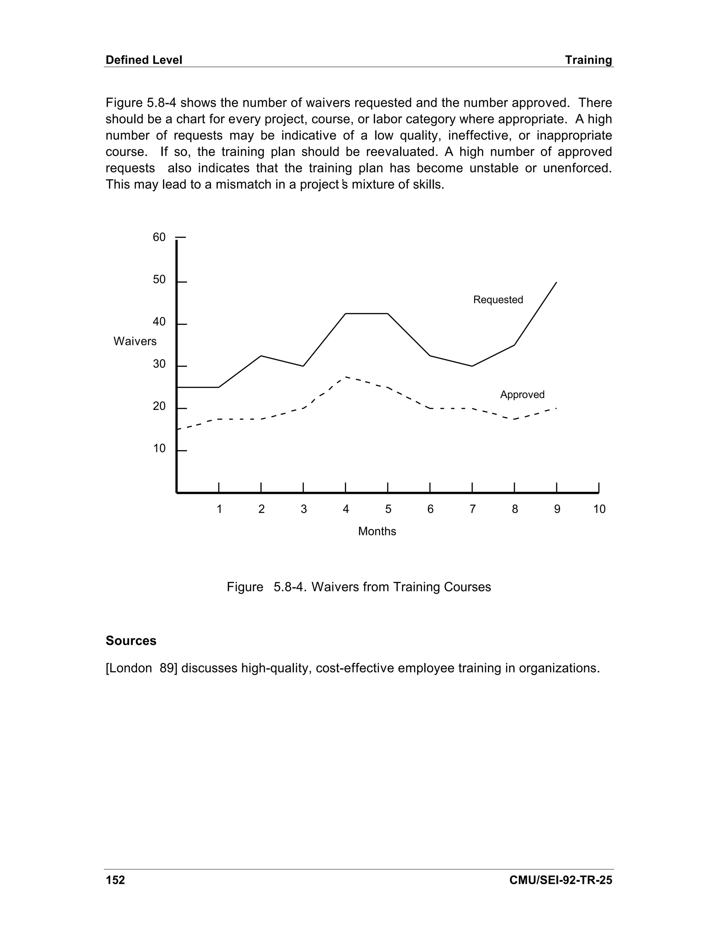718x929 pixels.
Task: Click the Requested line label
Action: click(498, 299)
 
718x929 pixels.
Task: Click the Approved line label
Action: click(522, 394)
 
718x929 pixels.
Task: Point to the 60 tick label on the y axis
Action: click(159, 237)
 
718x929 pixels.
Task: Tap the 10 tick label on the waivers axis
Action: click(159, 448)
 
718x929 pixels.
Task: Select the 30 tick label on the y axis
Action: click(159, 364)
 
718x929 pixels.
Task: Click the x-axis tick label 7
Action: click(472, 509)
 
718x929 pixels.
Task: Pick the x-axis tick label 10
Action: click(599, 509)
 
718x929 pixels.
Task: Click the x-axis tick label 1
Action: click(219, 509)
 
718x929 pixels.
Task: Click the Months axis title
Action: click(377, 531)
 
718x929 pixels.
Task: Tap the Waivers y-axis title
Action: click(135, 341)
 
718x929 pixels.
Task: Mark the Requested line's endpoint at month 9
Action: click(556, 283)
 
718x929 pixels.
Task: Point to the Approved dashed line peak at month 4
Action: click(346, 377)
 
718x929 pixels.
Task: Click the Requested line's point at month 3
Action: click(303, 366)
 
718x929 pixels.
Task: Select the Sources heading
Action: click(131, 640)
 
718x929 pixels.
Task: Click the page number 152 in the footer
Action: click(115, 880)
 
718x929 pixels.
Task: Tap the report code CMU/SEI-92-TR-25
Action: click(560, 880)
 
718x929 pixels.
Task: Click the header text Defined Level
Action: click(144, 60)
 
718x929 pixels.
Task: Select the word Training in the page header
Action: click(588, 60)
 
